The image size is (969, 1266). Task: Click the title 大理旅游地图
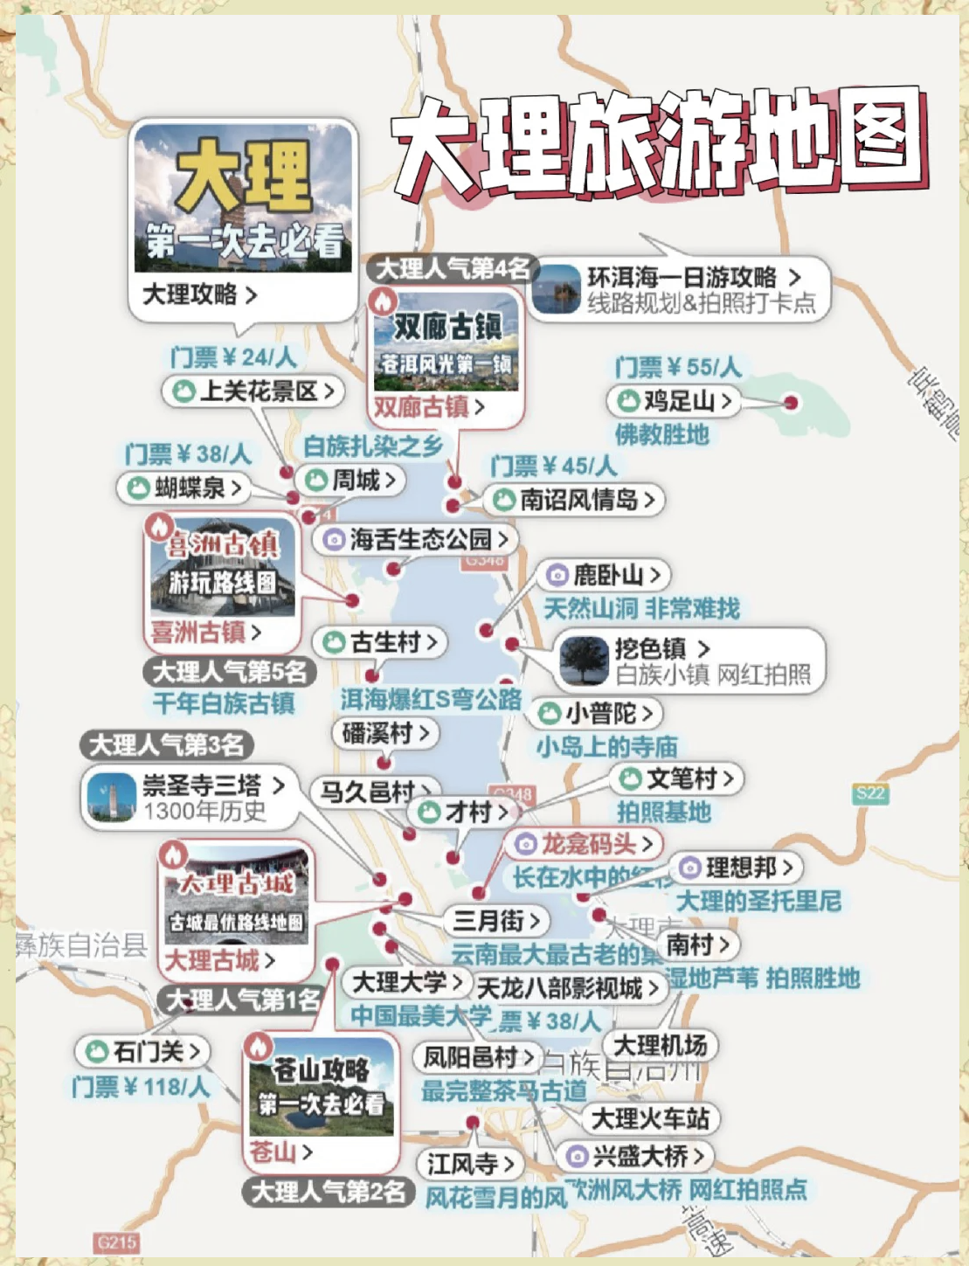pyautogui.click(x=660, y=144)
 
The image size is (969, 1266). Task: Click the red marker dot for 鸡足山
pyautogui.click(x=791, y=403)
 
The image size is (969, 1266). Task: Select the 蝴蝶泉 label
pyautogui.click(x=183, y=488)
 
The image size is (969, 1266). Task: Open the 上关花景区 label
pyautogui.click(x=253, y=391)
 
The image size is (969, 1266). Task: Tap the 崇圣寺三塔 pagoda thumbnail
pyautogui.click(x=111, y=798)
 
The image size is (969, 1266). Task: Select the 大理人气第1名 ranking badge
pyautogui.click(x=242, y=1000)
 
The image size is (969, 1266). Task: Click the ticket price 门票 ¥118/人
pyautogui.click(x=141, y=1087)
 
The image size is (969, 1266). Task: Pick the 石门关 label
pyautogui.click(x=144, y=1051)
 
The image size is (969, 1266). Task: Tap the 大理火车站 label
pyautogui.click(x=650, y=1118)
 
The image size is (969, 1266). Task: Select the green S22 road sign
pyautogui.click(x=870, y=793)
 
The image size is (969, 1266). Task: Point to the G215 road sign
pyautogui.click(x=116, y=1242)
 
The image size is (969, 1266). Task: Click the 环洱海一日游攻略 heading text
pyautogui.click(x=682, y=278)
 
